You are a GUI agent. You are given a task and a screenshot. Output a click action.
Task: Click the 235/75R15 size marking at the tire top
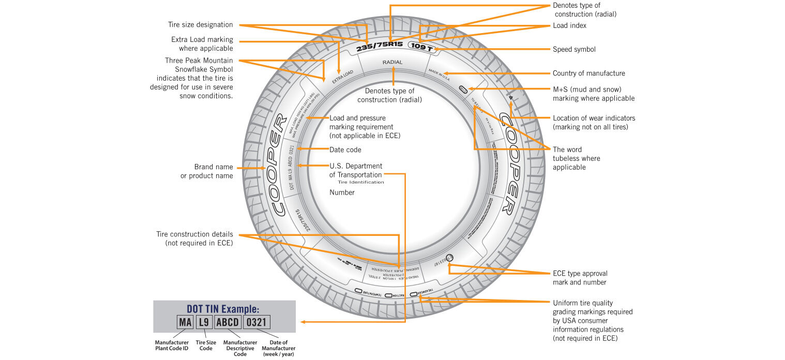380,44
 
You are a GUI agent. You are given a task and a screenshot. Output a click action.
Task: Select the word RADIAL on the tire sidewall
392,62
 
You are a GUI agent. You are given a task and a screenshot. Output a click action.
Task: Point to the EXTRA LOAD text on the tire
342,77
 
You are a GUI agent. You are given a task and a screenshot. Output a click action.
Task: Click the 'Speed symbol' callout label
574,50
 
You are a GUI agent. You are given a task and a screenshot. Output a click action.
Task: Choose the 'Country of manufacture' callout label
588,73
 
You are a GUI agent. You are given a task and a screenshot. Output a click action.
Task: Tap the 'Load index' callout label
569,25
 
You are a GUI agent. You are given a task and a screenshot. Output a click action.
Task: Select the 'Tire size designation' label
200,25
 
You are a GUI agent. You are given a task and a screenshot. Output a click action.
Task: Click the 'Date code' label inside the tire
345,150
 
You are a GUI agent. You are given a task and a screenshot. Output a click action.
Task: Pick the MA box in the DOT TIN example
185,323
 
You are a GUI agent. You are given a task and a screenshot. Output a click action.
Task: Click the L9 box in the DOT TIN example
203,323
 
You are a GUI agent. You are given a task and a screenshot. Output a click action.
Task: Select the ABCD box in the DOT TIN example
227,323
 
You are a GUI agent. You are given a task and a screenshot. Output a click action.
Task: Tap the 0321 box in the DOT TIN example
256,323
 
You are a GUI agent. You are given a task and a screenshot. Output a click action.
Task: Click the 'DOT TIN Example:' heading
223,309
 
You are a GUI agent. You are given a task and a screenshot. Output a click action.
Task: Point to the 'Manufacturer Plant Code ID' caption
171,345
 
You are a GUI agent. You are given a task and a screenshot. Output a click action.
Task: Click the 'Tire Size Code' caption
206,345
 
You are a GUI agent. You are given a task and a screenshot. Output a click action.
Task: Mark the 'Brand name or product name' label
206,171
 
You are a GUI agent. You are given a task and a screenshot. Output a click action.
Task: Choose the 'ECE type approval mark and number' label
580,278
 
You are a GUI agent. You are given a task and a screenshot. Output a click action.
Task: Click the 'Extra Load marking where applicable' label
202,44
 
